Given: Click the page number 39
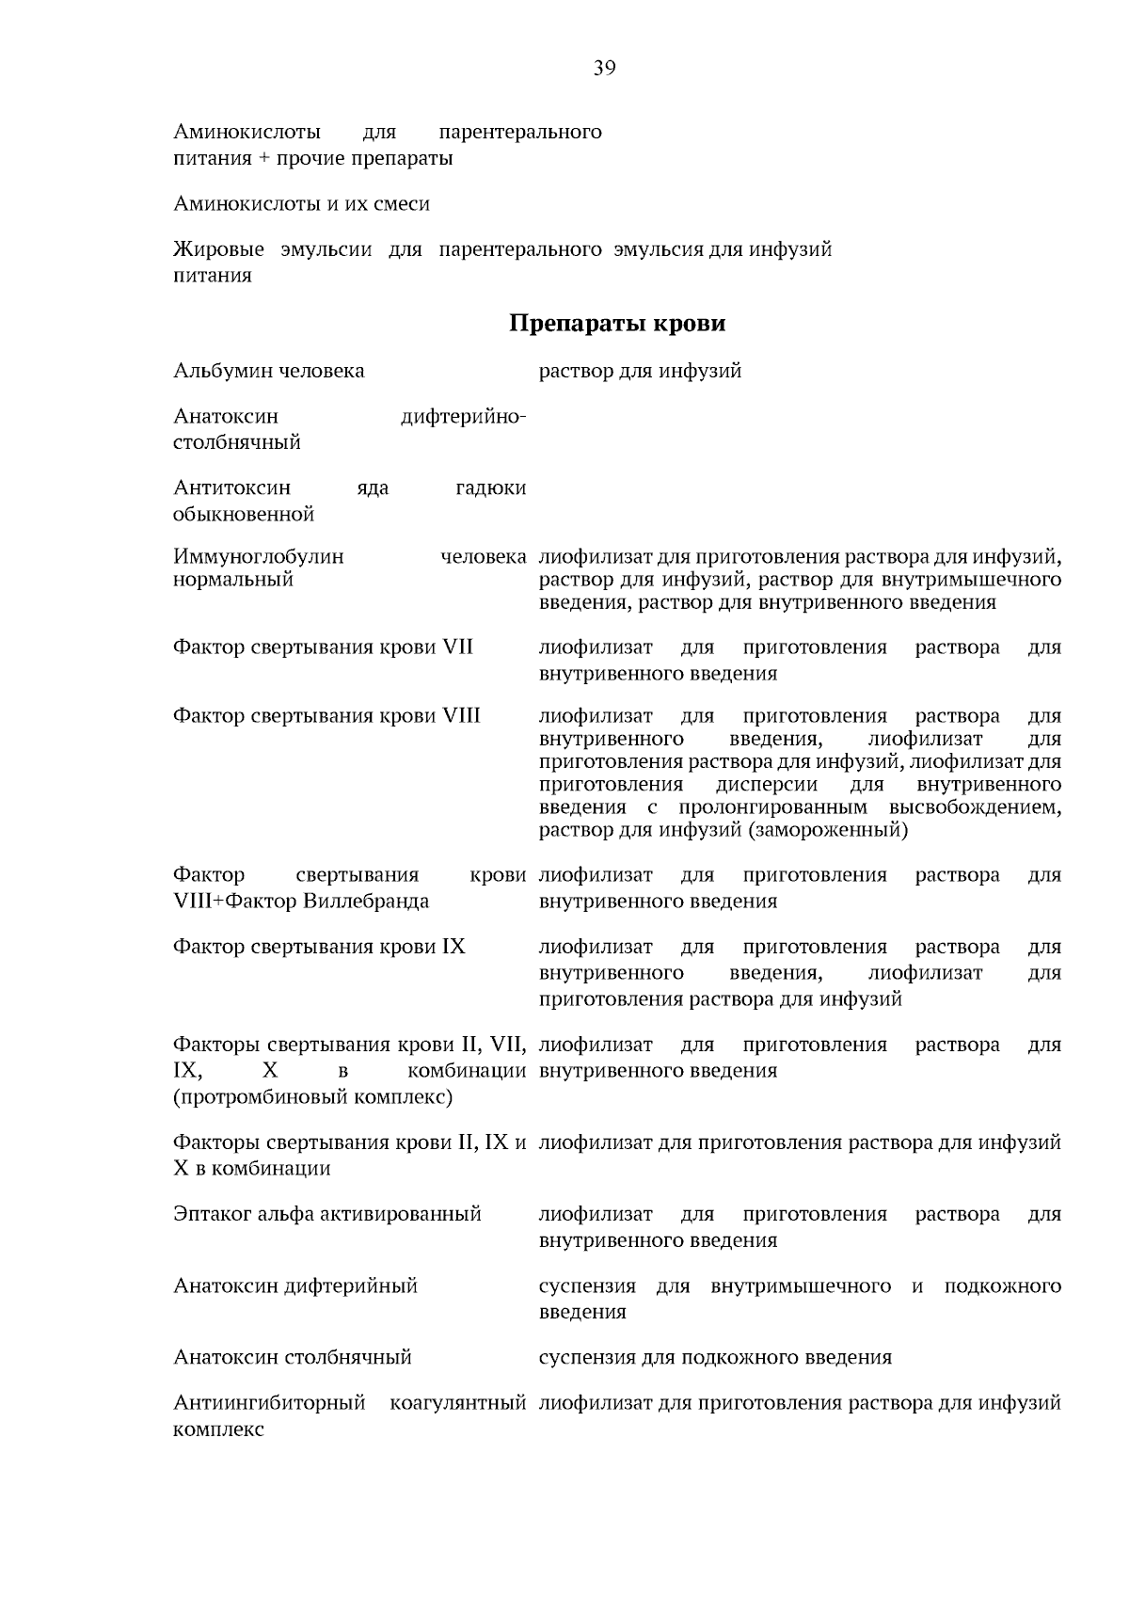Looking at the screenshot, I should point(604,68).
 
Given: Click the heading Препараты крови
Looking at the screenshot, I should point(617,324).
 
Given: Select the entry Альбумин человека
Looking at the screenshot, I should point(269,371).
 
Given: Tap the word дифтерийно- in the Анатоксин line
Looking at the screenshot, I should point(463,416).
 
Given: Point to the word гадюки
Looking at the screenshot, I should point(490,487).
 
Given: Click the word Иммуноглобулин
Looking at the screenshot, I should point(259,556).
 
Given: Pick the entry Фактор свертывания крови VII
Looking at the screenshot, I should point(323,647).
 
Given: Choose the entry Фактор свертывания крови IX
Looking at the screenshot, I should point(319,947).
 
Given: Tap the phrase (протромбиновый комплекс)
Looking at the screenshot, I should point(313,1097).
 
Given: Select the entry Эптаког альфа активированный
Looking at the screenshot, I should point(327,1214).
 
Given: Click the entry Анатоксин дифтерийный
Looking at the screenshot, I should point(295,1286).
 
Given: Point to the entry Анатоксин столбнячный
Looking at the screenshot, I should point(293,1357).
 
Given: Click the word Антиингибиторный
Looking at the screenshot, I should point(269,1403).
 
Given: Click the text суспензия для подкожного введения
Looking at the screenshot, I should point(715,1357).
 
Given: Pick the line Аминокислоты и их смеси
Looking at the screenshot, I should point(302,204).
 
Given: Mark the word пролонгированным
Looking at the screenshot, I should point(772,807).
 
